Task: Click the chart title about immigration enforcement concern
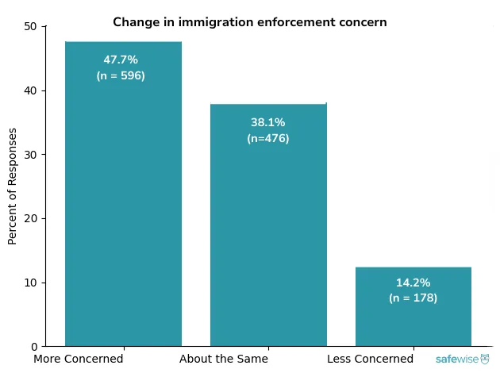point(249,22)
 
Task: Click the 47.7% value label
point(121,60)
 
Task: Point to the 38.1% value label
point(268,122)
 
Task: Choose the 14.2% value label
point(413,283)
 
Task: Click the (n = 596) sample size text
point(121,76)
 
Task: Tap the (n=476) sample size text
point(268,138)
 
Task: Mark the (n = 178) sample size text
point(413,298)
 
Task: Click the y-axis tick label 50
point(31,26)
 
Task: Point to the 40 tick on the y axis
point(31,90)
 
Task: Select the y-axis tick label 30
point(31,155)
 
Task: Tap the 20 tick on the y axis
point(31,218)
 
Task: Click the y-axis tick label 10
point(31,283)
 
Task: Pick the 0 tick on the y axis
point(34,347)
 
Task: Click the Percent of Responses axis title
point(13,186)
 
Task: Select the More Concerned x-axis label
point(79,359)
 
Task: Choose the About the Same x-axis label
point(224,359)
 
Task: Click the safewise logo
point(462,360)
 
